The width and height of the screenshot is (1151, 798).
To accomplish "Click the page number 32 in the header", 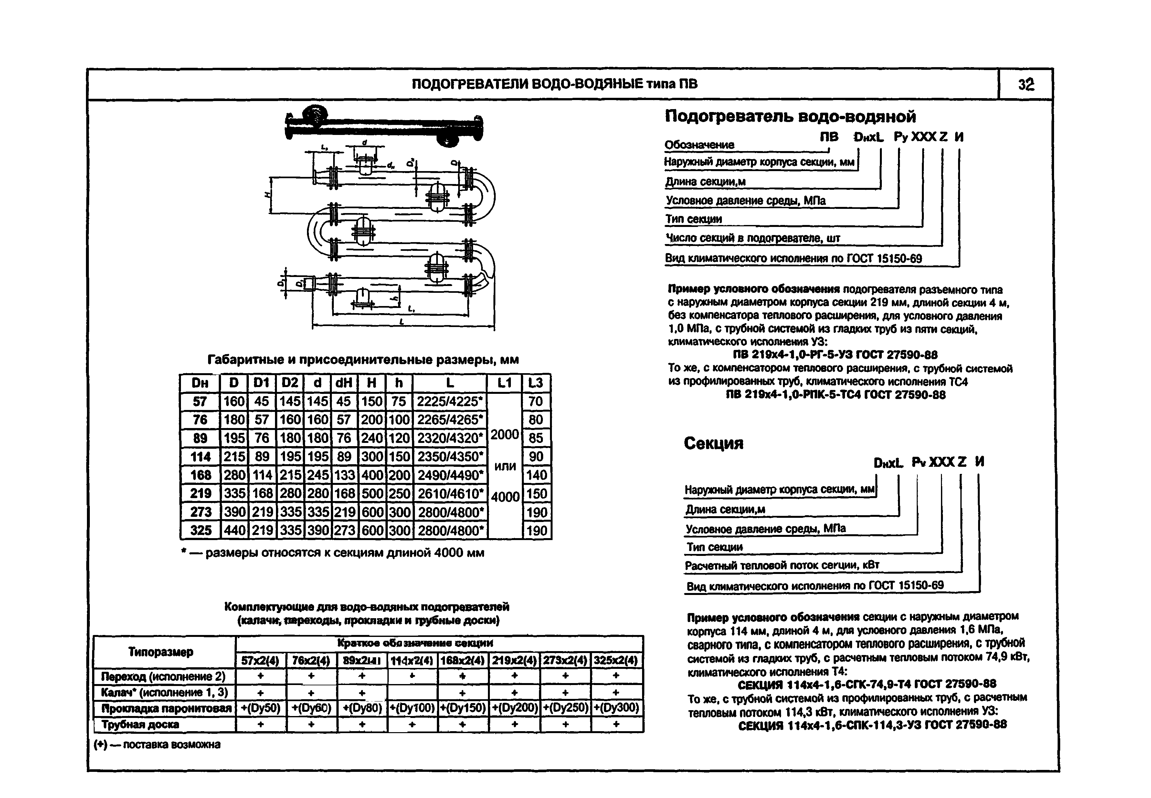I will click(1026, 85).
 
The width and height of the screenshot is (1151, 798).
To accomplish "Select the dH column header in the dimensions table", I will click(344, 383).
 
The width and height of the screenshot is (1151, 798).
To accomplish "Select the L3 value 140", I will click(536, 475).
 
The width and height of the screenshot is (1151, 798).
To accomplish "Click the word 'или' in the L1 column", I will click(505, 466).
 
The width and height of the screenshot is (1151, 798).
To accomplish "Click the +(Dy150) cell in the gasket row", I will click(463, 708).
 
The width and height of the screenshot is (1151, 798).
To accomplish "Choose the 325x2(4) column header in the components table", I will click(616, 660).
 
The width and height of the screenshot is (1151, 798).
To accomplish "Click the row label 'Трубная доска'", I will click(140, 724).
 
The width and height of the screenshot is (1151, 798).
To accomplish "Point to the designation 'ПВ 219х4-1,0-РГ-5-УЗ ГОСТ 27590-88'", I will click(835, 355).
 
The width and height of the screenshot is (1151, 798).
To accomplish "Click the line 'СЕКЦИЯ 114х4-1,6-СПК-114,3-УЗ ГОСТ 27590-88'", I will click(872, 725).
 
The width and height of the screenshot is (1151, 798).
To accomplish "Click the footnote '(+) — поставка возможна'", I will click(157, 744).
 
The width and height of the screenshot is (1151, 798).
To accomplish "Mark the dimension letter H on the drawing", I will click(268, 195).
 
